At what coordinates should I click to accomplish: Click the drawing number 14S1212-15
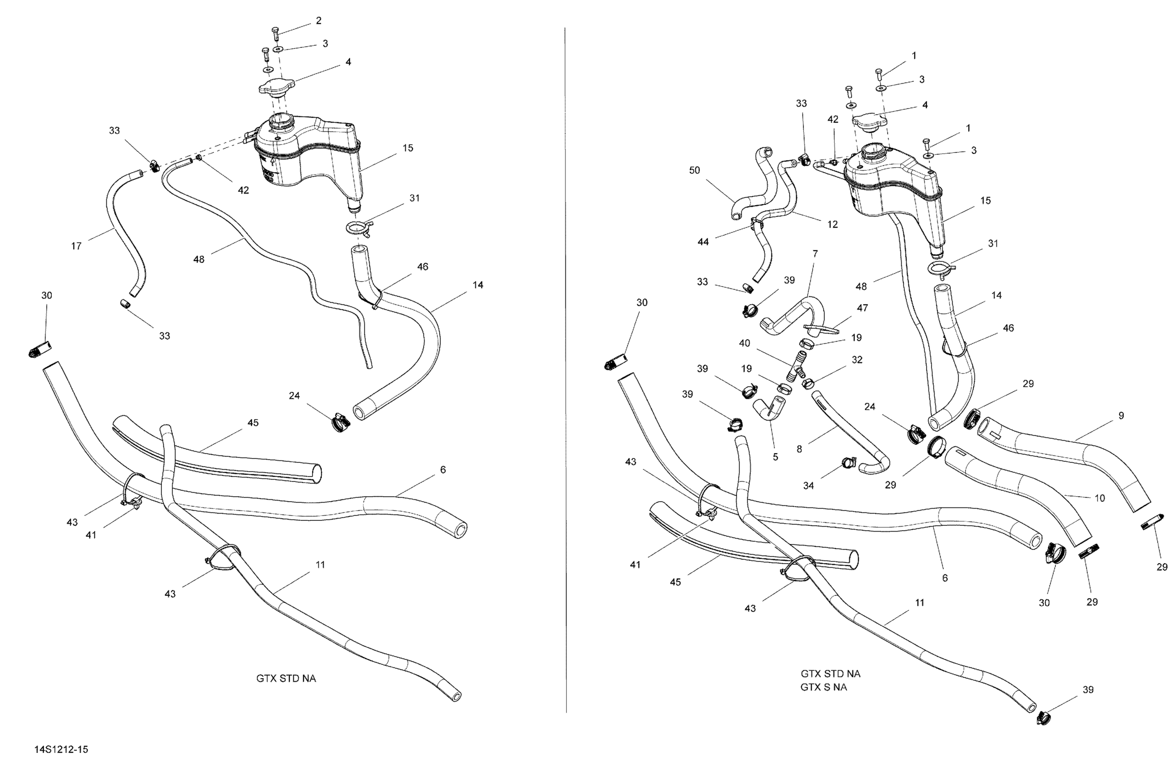coord(61,749)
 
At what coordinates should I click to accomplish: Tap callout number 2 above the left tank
coord(319,21)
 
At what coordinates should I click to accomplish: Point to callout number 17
coord(76,245)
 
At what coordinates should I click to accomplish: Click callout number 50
coord(695,170)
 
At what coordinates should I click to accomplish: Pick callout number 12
coord(832,224)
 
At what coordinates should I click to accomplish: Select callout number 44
coord(703,241)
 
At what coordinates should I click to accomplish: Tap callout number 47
coord(862,308)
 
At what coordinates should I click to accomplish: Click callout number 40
coord(745,343)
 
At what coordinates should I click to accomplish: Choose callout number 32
coord(857,359)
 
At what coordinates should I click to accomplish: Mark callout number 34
coord(808,486)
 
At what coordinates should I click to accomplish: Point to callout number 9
coord(1121,415)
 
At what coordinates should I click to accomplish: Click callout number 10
coord(1100,498)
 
